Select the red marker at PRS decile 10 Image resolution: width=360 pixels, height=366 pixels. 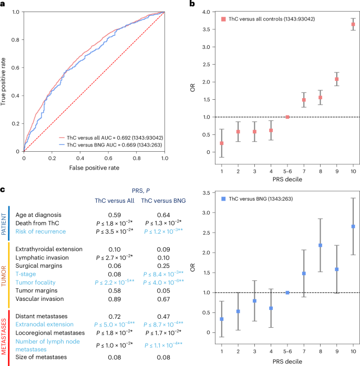(x=353, y=24)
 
